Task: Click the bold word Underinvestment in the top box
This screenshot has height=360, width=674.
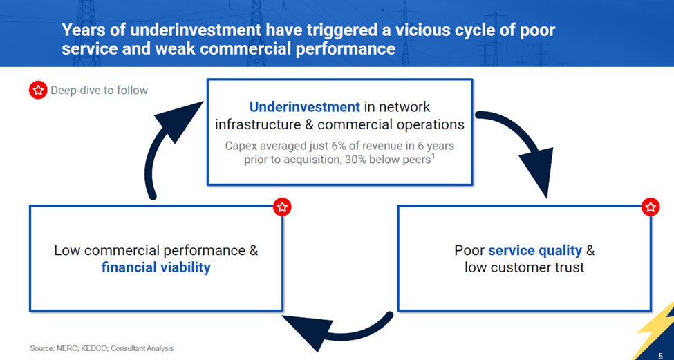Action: [304, 107]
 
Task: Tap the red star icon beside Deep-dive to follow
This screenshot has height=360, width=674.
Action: [37, 91]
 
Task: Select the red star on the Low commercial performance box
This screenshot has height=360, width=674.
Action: [282, 207]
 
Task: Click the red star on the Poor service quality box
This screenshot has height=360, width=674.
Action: [650, 207]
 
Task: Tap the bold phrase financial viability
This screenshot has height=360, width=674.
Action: [156, 267]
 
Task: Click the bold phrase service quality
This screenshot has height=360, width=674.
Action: [535, 250]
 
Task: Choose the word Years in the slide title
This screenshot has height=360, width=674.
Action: [82, 30]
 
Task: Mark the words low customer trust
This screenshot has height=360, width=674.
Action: [525, 267]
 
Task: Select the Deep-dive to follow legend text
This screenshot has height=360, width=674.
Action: [99, 91]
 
